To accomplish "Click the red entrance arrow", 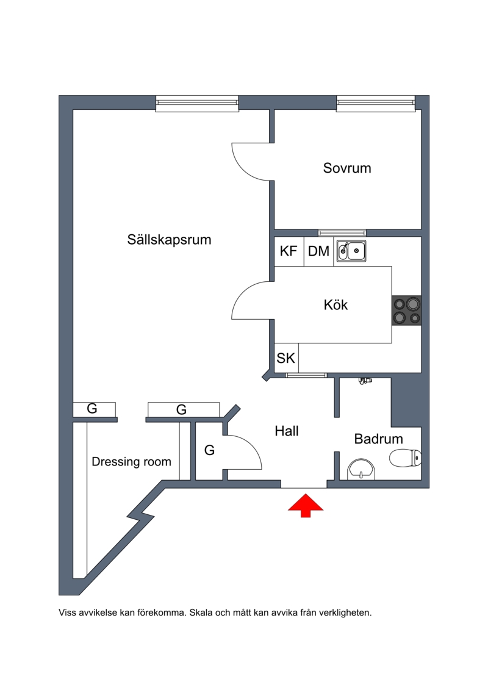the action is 306,505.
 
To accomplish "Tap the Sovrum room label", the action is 347,168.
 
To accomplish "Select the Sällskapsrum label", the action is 170,239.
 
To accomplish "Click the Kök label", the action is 335,304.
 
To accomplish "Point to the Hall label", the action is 287,431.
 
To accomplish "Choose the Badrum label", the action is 378,439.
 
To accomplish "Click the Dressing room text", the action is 131,462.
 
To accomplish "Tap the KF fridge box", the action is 289,251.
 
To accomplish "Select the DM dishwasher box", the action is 318,251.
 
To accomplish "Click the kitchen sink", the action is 351,251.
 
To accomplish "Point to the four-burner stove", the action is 406,311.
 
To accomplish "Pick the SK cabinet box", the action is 286,358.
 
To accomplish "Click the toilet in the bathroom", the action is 405,458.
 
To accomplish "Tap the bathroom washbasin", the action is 361,470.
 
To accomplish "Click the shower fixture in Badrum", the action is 365,380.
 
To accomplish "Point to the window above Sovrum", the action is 376,104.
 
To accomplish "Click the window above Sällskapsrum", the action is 197,104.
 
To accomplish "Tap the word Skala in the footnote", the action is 200,613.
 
